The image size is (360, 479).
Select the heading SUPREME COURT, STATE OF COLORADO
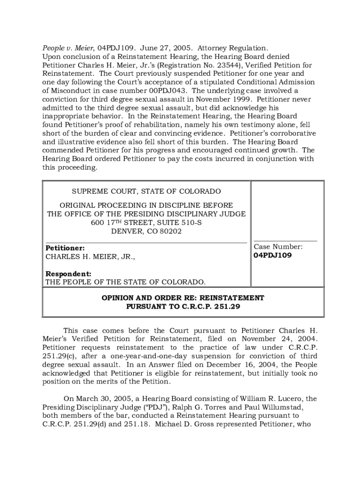coord(146,191)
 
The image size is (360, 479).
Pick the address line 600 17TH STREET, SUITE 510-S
coord(146,223)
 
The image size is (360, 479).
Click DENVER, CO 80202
coord(146,231)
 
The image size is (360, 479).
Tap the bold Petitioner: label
coord(65,248)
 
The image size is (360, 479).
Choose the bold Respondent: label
coord(68,274)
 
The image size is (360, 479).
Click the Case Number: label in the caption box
coord(278,247)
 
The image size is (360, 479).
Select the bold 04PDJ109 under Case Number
coord(273,255)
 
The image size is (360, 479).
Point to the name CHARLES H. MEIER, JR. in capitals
coord(90,256)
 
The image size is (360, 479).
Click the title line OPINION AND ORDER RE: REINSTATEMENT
coord(183,298)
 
